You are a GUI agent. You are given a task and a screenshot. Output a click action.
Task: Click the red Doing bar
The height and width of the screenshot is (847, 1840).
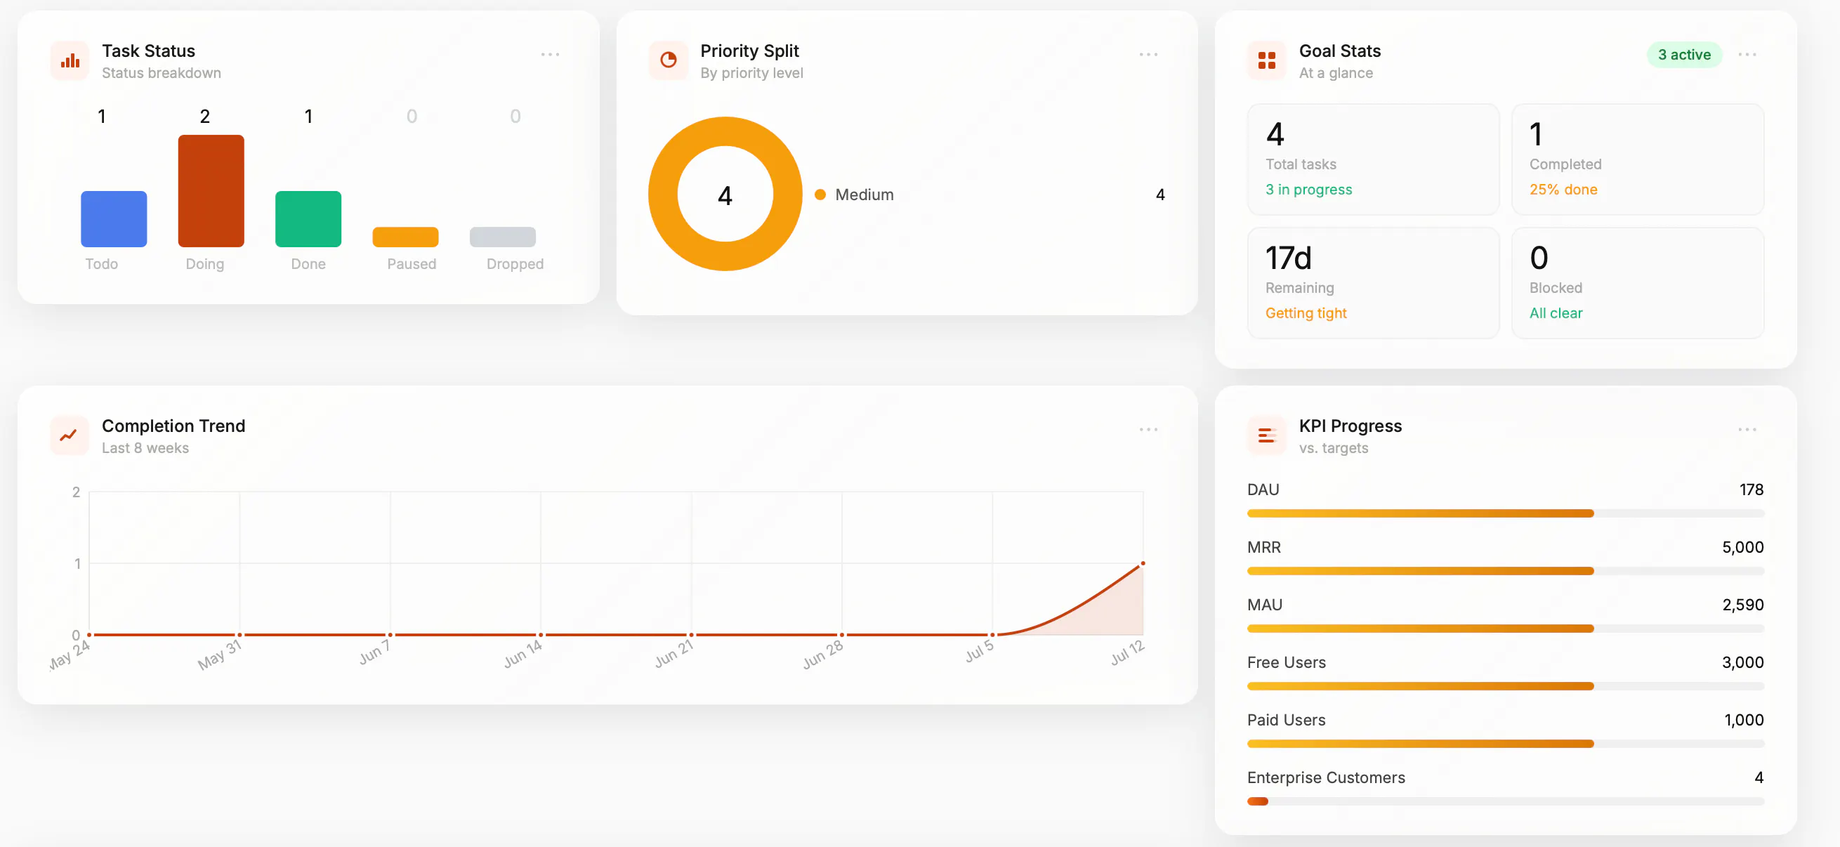click(211, 191)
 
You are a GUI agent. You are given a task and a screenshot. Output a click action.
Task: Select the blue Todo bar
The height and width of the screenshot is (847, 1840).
click(114, 218)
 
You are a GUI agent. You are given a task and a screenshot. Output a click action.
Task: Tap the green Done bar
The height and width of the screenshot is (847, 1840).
click(308, 218)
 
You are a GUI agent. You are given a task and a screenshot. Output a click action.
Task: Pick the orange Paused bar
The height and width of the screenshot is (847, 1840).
click(405, 237)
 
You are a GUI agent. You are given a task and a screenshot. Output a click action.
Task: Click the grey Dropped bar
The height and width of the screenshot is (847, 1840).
click(502, 237)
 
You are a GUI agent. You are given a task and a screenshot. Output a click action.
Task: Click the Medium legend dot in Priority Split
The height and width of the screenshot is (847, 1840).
click(820, 195)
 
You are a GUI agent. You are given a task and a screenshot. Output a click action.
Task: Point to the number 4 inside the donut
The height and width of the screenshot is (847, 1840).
click(725, 195)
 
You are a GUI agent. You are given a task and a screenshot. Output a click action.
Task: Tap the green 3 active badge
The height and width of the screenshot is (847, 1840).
click(1683, 54)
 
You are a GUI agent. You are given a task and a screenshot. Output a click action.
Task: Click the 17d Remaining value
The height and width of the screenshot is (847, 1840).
click(1288, 258)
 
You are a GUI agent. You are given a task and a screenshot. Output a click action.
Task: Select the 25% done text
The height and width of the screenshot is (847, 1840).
click(1563, 189)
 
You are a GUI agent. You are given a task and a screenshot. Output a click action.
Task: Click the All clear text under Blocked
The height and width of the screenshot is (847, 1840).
click(1556, 313)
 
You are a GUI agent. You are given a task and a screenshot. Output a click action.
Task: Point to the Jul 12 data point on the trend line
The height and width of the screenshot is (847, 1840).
click(1142, 563)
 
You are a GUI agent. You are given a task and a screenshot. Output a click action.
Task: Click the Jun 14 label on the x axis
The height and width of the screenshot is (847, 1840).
click(524, 652)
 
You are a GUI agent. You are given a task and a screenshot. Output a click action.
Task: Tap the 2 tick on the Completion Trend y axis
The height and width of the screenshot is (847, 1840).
click(76, 492)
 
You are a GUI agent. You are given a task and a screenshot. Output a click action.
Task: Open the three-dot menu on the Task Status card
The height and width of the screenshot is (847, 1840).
click(549, 54)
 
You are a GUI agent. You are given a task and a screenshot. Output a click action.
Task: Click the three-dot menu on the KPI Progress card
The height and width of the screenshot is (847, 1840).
click(1747, 429)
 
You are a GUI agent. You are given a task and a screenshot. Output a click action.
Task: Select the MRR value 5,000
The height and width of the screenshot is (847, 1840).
click(1742, 547)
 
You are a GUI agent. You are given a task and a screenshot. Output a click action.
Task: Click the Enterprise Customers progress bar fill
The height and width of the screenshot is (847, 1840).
click(1257, 801)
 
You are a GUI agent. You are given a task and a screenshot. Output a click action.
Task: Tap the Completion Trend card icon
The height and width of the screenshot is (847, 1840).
click(70, 434)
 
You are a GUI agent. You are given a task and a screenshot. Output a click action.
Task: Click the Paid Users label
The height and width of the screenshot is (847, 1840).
click(1286, 720)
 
